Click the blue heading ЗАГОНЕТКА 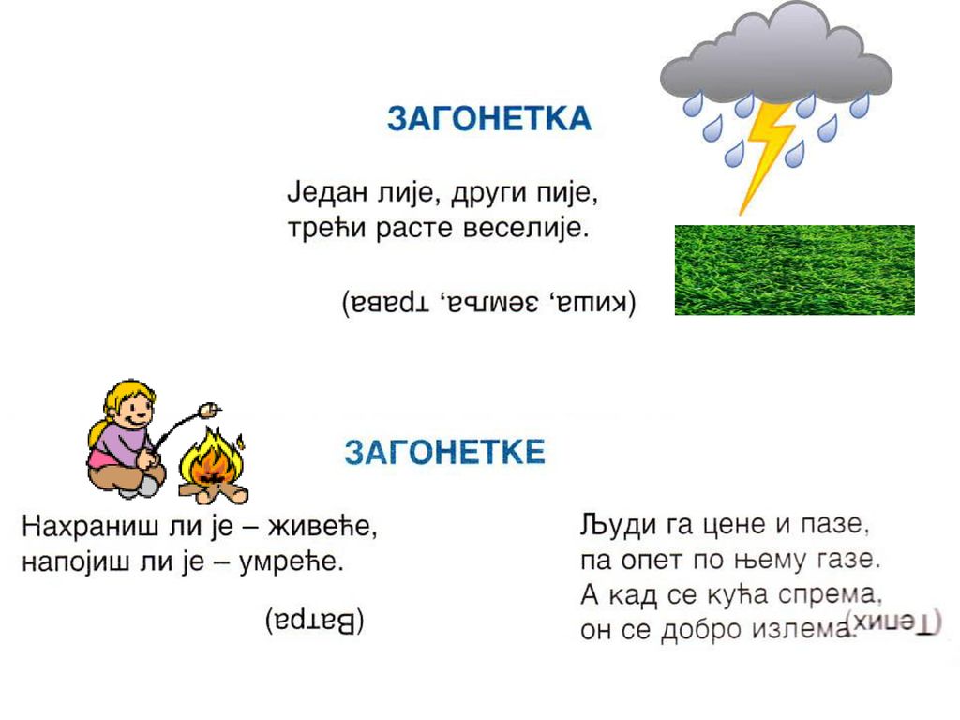click(489, 119)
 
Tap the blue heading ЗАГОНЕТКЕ click(444, 453)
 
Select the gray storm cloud click(775, 55)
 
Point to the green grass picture click(795, 270)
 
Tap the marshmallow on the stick click(209, 410)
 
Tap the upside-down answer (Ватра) click(315, 621)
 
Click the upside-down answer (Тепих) click(893, 622)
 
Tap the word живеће click(322, 527)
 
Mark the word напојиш click(77, 562)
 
